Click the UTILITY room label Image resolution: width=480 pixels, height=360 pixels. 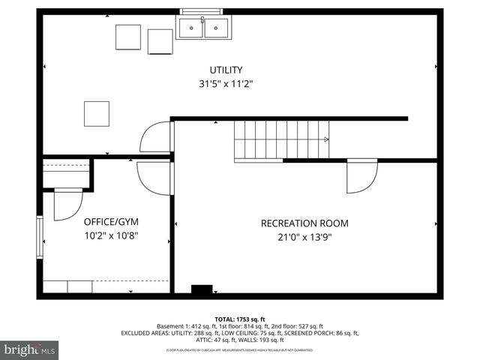(x=226, y=70)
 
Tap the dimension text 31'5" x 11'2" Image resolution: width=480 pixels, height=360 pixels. (x=226, y=85)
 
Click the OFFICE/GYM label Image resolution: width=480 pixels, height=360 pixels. (x=110, y=222)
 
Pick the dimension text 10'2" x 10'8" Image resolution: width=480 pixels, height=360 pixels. (x=110, y=235)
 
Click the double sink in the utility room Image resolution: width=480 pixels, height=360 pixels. (x=202, y=28)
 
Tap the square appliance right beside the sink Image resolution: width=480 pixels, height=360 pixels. (x=160, y=41)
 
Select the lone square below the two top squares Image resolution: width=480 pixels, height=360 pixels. (x=96, y=114)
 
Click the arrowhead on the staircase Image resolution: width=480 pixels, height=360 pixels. (x=325, y=139)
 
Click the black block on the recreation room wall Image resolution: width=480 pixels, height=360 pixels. (x=201, y=289)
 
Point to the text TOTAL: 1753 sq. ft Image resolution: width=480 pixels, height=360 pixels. (x=240, y=319)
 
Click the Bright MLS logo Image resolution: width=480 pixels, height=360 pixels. (x=30, y=349)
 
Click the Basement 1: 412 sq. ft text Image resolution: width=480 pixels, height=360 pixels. (x=184, y=326)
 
